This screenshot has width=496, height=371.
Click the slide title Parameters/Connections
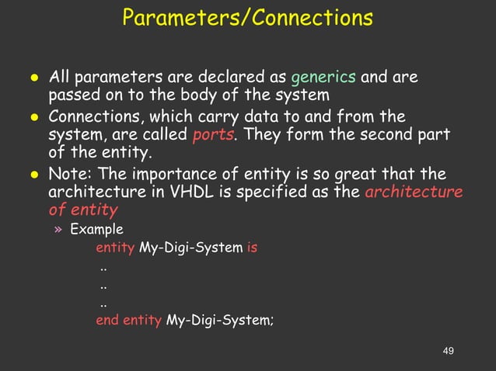coord(247,17)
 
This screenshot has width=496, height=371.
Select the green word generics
coord(323,78)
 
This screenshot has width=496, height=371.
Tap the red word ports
coord(210,135)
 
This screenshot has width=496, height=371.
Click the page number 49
coord(447,352)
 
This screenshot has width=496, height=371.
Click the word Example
coord(96,230)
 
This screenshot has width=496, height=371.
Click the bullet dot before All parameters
coord(34,78)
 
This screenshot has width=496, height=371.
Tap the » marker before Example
coord(58,230)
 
